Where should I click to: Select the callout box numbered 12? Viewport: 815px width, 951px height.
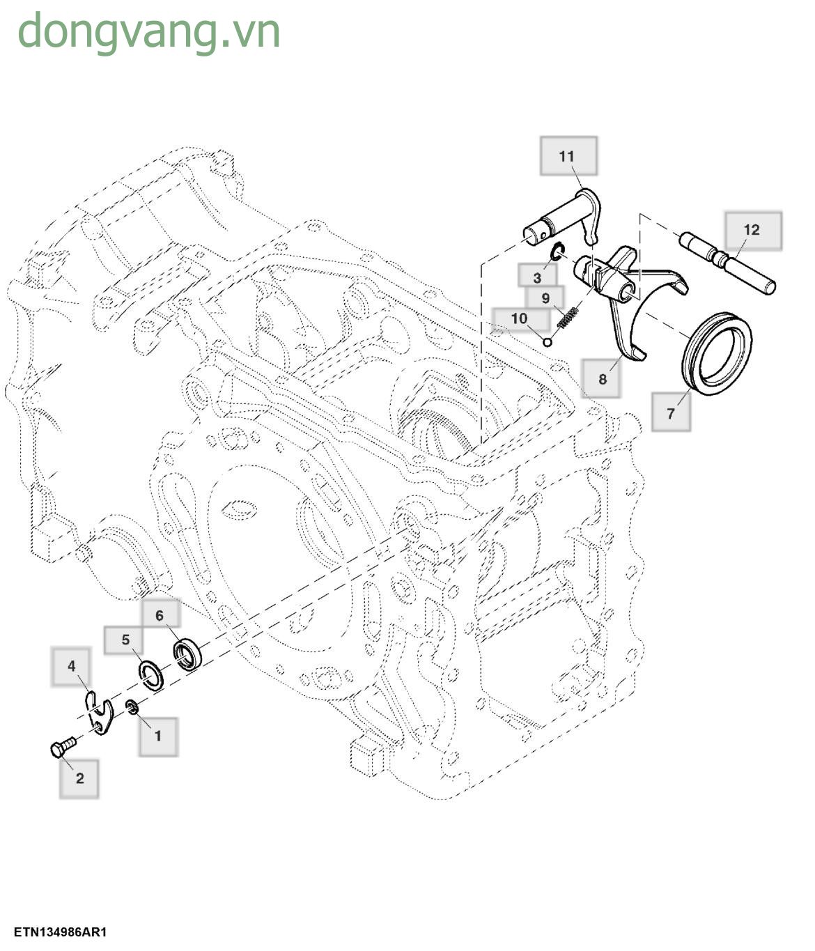(x=752, y=230)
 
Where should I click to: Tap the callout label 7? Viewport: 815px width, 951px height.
(x=671, y=412)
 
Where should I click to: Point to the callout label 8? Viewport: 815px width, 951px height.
(x=602, y=378)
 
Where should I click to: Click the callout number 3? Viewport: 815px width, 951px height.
(x=537, y=277)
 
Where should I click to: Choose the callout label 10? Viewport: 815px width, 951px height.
(x=520, y=318)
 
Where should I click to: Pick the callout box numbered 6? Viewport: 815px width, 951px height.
(x=160, y=615)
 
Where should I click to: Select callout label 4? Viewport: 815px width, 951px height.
(x=72, y=666)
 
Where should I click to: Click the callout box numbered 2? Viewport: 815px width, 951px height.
(x=79, y=778)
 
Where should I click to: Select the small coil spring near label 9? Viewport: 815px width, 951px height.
(x=570, y=319)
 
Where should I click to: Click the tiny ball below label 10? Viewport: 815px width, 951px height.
(x=548, y=341)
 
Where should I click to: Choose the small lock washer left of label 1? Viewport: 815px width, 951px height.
(x=132, y=709)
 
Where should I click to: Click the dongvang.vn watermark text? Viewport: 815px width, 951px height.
(x=149, y=31)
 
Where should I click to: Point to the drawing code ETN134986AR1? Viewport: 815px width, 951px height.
(x=60, y=931)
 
